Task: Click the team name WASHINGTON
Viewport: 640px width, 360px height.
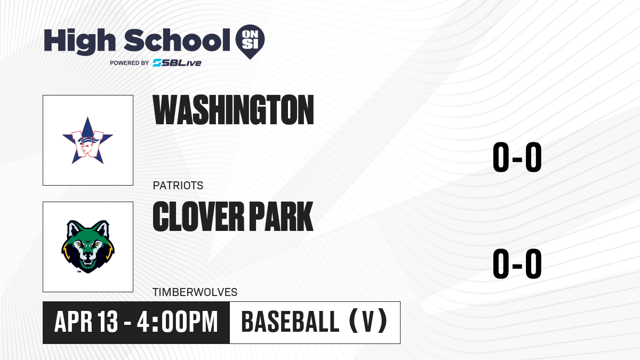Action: (x=233, y=110)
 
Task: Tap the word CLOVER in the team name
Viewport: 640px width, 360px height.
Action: (x=198, y=217)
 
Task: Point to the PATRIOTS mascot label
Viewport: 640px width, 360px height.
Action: (x=178, y=186)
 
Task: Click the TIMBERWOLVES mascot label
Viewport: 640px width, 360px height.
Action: (x=195, y=292)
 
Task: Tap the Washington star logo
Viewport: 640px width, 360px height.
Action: (x=87, y=140)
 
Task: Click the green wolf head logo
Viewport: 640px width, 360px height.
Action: (x=87, y=246)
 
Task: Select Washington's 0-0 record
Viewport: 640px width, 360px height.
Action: (x=517, y=157)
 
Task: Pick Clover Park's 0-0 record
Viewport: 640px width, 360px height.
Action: (x=517, y=263)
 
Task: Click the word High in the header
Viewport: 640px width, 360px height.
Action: (x=79, y=41)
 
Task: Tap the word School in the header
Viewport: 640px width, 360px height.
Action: (x=177, y=40)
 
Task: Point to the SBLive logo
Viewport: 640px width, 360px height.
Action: (x=177, y=63)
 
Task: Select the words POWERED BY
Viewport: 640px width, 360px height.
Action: (x=130, y=63)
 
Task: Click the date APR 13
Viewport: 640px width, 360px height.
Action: (x=86, y=322)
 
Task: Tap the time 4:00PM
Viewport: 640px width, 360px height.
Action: (x=177, y=322)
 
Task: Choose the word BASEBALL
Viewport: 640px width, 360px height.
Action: (x=290, y=322)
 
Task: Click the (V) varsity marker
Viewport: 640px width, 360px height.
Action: (x=369, y=322)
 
